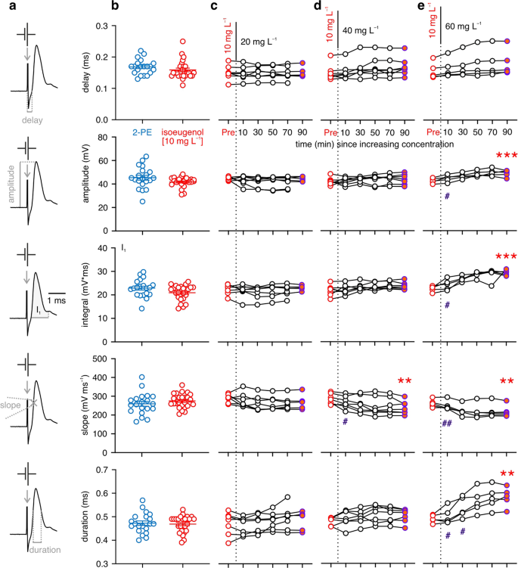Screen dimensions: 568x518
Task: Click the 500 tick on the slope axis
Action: point(97,359)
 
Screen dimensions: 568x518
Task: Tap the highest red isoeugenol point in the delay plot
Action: point(181,42)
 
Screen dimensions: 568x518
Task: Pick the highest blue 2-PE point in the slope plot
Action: point(141,377)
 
